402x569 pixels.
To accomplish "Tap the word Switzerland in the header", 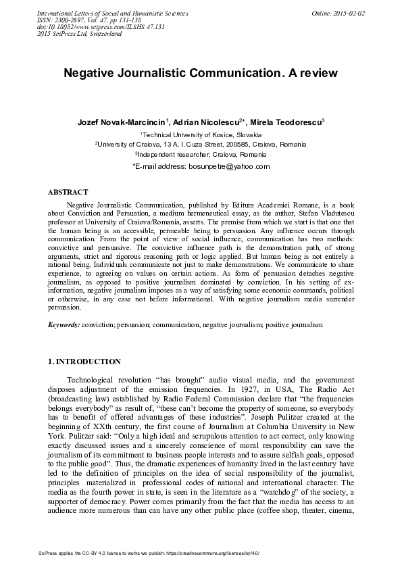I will pyautogui.click(x=100, y=34).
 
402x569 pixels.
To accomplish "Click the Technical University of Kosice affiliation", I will pyautogui.click(x=201, y=135).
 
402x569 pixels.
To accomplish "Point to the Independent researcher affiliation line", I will pyautogui.click(x=201, y=154).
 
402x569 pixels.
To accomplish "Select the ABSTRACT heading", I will pyautogui.click(x=68, y=192).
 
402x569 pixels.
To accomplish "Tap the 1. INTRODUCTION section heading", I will pyautogui.click(x=84, y=362).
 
